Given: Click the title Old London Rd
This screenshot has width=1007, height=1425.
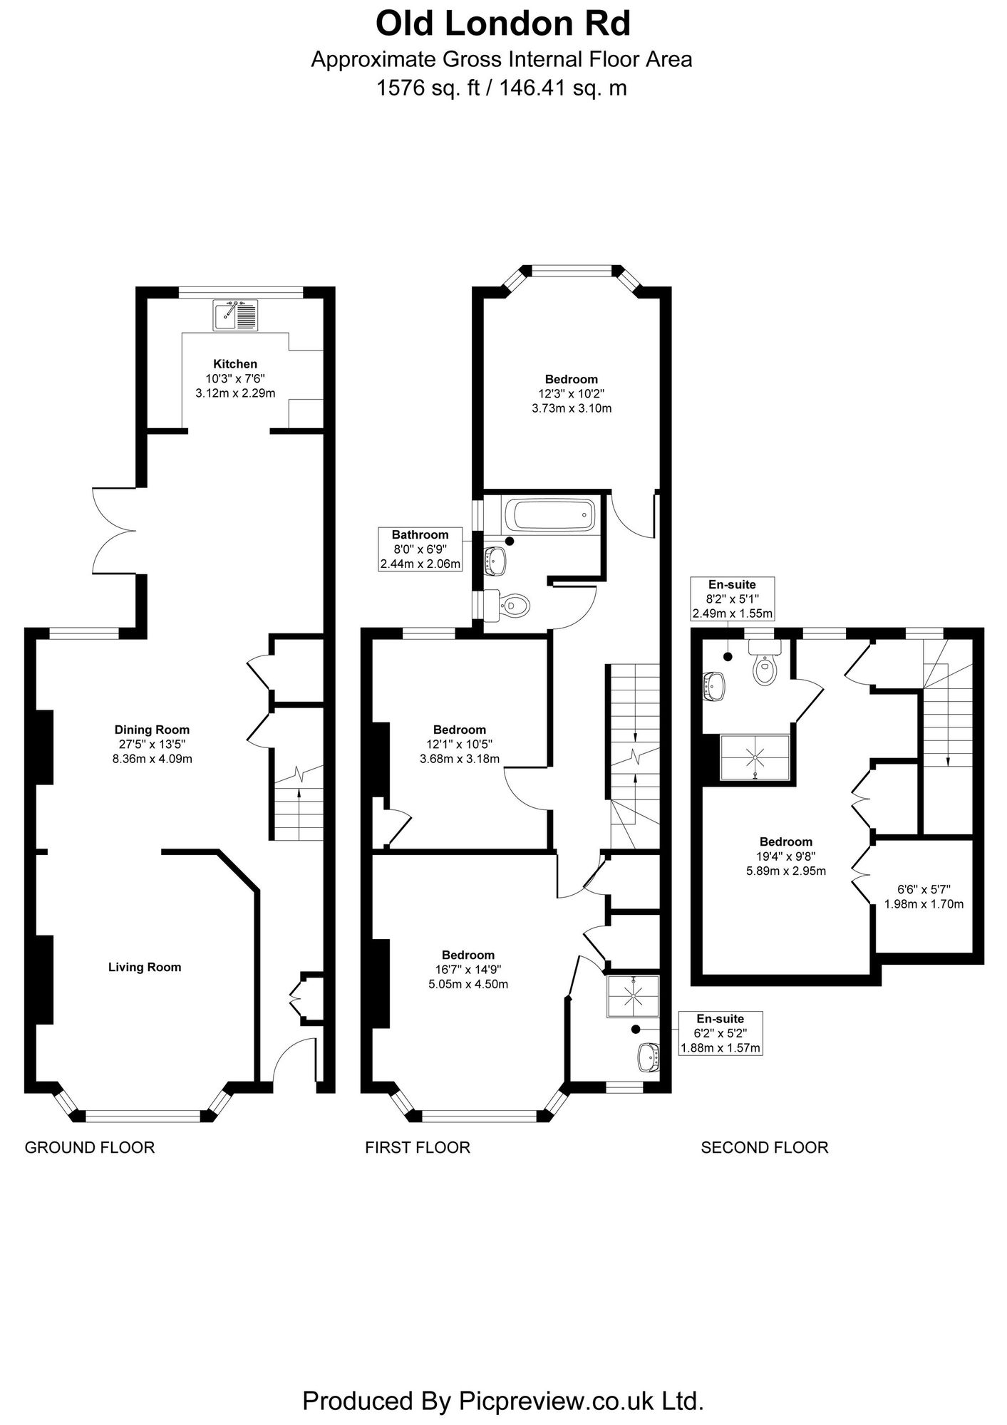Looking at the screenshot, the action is pyautogui.click(x=502, y=24).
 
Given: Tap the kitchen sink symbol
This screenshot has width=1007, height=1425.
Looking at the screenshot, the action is pyautogui.click(x=235, y=315).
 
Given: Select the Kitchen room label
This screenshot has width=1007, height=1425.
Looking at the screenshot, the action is pyautogui.click(x=235, y=364).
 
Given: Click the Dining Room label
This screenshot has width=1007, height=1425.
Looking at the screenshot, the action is pyautogui.click(x=152, y=730).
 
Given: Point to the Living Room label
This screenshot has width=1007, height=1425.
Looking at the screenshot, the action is pyautogui.click(x=145, y=968).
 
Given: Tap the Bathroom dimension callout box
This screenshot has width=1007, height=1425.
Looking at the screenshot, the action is pyautogui.click(x=420, y=549).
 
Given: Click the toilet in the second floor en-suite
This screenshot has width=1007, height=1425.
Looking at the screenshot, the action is pyautogui.click(x=765, y=662).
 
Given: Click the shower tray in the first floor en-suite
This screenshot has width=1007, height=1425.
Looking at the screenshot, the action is pyautogui.click(x=633, y=996).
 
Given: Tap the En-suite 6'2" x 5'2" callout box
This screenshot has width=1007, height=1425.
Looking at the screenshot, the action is pyautogui.click(x=721, y=1033).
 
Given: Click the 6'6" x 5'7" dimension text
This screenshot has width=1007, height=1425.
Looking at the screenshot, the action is pyautogui.click(x=924, y=897).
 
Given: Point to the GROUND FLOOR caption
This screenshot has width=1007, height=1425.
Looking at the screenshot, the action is pyautogui.click(x=90, y=1148).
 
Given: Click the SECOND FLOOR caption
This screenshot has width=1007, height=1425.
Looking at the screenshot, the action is pyautogui.click(x=765, y=1148).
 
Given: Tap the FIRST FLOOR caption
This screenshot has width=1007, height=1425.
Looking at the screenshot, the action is pyautogui.click(x=418, y=1148).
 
